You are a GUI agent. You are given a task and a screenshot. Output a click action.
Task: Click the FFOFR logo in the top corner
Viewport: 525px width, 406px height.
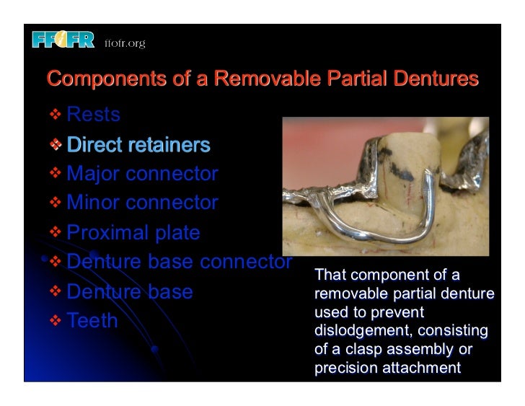point(63,41)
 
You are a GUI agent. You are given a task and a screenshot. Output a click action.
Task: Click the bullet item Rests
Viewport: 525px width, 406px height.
point(93,115)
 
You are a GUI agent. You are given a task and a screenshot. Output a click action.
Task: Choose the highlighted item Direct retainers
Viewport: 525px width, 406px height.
point(138,145)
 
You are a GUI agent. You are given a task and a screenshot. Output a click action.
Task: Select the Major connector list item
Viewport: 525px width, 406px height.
point(141,174)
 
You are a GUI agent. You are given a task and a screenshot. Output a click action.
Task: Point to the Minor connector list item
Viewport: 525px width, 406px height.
point(141,203)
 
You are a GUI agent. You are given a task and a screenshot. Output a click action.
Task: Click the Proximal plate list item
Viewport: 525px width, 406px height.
point(133,233)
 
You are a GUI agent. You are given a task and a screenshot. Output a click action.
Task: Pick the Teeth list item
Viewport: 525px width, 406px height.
point(92,321)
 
